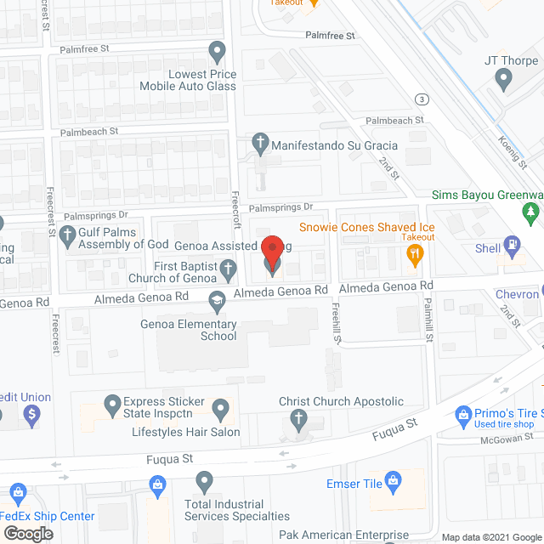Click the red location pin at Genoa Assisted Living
[x=271, y=253]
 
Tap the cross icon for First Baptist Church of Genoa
[x=227, y=271]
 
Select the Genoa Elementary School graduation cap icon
[x=218, y=298]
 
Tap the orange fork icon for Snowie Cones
[x=414, y=253]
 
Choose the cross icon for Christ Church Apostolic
[x=297, y=418]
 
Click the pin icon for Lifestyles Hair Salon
[x=220, y=410]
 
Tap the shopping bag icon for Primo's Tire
[x=463, y=416]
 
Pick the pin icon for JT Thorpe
[x=502, y=82]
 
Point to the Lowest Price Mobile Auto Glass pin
[x=217, y=51]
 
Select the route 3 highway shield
[x=422, y=99]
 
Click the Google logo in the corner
[x=27, y=533]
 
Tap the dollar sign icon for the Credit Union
[x=31, y=416]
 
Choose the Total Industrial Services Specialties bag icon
[x=157, y=485]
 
